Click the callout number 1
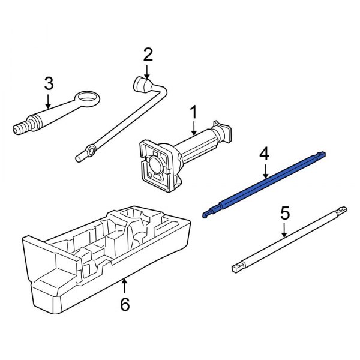point(193,112)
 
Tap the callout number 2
point(148,56)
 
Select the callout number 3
point(49,83)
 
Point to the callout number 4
point(264,154)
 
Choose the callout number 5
point(285,212)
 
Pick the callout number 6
point(124,304)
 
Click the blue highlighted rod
point(267,184)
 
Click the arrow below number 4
point(264,170)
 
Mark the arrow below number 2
point(148,71)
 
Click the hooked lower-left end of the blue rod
point(207,212)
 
